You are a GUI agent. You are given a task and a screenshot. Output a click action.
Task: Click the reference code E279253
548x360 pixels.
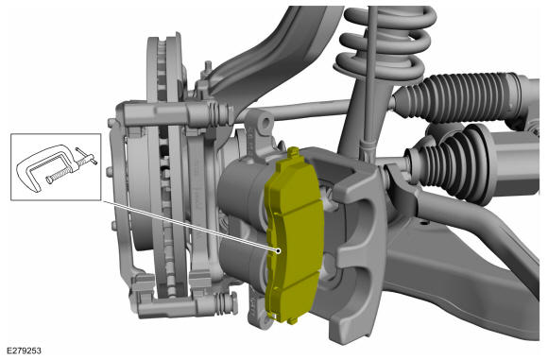25,351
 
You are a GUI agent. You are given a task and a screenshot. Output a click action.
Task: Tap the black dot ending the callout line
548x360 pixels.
278,250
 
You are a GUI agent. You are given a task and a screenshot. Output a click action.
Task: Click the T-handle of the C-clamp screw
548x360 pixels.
86,156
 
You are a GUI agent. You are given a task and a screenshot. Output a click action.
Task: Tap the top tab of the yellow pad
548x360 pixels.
293,151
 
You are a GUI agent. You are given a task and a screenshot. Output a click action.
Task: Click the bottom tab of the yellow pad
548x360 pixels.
292,319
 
